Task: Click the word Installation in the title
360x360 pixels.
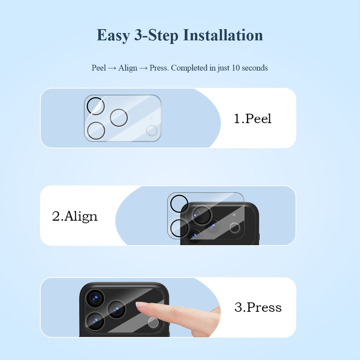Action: click(x=223, y=35)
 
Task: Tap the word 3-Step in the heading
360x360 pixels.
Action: click(x=156, y=35)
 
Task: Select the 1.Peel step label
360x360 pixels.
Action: click(x=252, y=118)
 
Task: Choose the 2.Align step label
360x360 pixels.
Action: click(x=75, y=216)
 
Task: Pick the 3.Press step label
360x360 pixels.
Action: click(x=258, y=307)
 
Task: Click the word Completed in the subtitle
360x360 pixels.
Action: click(x=189, y=68)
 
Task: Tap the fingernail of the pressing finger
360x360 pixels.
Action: click(x=141, y=304)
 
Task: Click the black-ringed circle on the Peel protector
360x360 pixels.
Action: click(x=96, y=106)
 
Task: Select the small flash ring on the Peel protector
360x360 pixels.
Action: click(x=152, y=130)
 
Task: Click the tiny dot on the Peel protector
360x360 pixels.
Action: click(x=151, y=117)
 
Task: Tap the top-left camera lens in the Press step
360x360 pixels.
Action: click(x=95, y=298)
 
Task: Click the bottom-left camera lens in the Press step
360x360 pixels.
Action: click(x=95, y=320)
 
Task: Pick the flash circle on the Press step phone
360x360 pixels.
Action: click(x=153, y=323)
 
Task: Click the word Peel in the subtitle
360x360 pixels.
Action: click(x=99, y=68)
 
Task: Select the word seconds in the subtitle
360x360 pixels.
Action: click(x=255, y=68)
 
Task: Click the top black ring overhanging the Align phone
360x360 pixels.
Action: click(x=179, y=204)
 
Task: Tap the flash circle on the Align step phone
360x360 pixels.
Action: click(x=235, y=228)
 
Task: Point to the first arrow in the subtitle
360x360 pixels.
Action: click(x=112, y=68)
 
